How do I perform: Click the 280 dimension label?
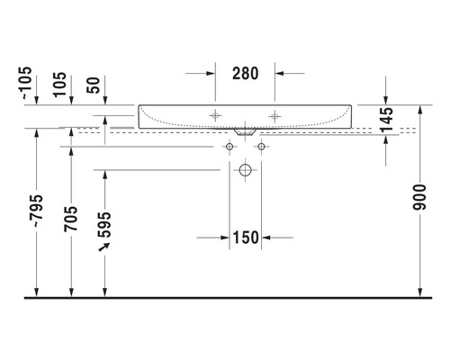[245, 74]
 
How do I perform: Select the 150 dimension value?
[245, 238]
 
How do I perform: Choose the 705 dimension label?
[71, 220]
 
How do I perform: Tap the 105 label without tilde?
[60, 83]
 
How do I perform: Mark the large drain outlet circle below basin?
[245, 170]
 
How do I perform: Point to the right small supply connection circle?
[261, 146]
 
